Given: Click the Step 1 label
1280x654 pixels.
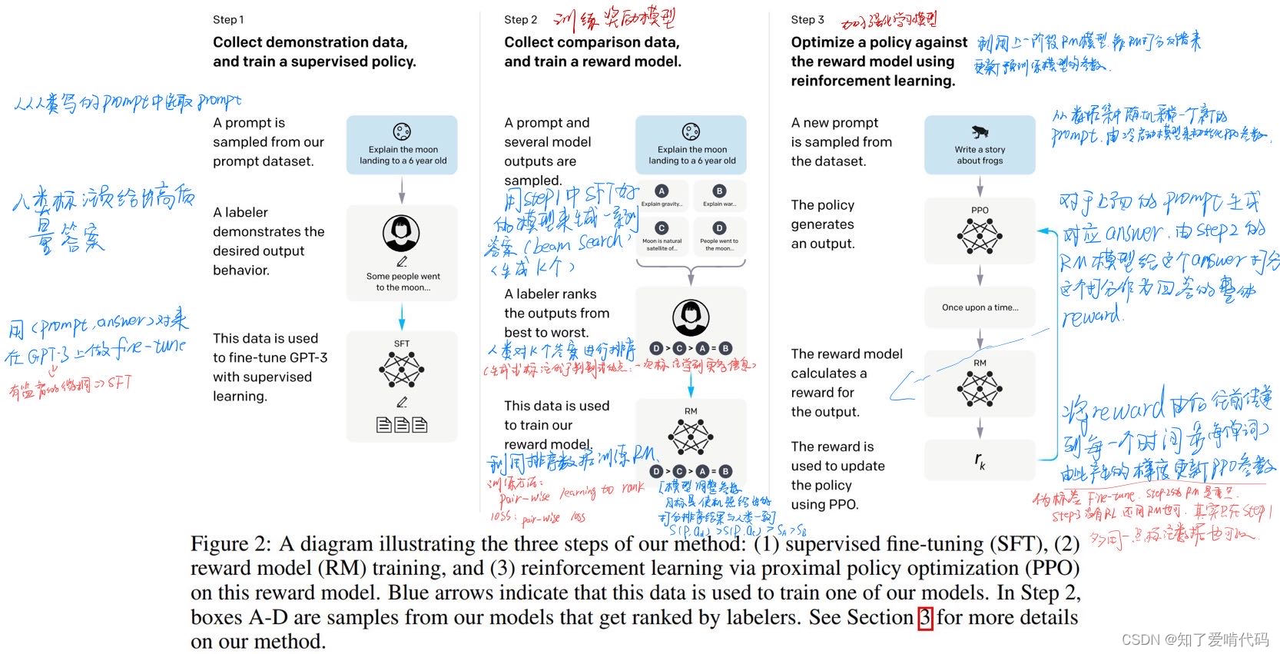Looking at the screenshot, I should pyautogui.click(x=228, y=20).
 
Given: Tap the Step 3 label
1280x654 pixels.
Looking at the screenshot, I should pyautogui.click(x=807, y=20).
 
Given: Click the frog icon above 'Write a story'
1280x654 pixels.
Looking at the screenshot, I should pyautogui.click(x=980, y=131).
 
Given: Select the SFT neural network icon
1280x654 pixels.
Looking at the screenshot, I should pyautogui.click(x=401, y=370).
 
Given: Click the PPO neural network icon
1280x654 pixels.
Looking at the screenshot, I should pyautogui.click(x=980, y=236).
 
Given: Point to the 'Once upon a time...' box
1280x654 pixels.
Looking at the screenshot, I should pyautogui.click(x=980, y=307).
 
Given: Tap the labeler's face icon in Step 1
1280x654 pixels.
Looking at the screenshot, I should pyautogui.click(x=401, y=233).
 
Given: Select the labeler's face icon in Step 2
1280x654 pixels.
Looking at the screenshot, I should pyautogui.click(x=690, y=317).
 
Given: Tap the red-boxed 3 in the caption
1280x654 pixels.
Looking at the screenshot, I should pyautogui.click(x=925, y=618).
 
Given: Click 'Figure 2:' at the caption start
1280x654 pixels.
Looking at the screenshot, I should pyautogui.click(x=230, y=544).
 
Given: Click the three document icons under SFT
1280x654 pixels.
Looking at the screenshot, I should pyautogui.click(x=401, y=424).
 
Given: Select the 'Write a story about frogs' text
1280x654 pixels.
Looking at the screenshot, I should pyautogui.click(x=980, y=155).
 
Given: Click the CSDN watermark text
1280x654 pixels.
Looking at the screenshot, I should pyautogui.click(x=1195, y=639).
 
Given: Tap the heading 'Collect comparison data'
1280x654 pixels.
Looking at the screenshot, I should pyautogui.click(x=592, y=42).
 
